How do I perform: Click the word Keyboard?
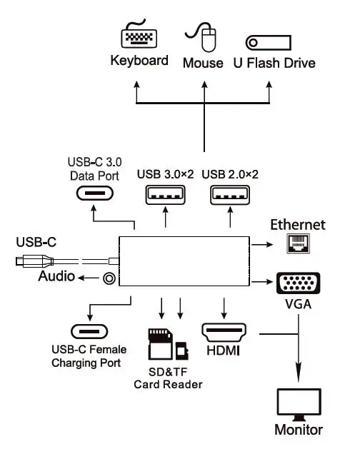pyautogui.click(x=139, y=61)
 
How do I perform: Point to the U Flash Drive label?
pyautogui.click(x=274, y=63)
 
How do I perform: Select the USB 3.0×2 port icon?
pyautogui.click(x=166, y=196)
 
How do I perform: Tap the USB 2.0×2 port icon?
pyautogui.click(x=230, y=196)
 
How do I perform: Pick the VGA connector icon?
pyautogui.click(x=297, y=284)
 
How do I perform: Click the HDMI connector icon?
pyautogui.click(x=224, y=333)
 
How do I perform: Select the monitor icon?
pyautogui.click(x=297, y=404)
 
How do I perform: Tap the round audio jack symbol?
pyautogui.click(x=110, y=278)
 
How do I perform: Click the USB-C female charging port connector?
pyautogui.click(x=89, y=332)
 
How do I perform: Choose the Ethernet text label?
pyautogui.click(x=297, y=225)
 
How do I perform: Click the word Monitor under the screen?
pyautogui.click(x=298, y=430)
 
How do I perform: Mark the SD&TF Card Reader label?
pyautogui.click(x=168, y=378)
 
